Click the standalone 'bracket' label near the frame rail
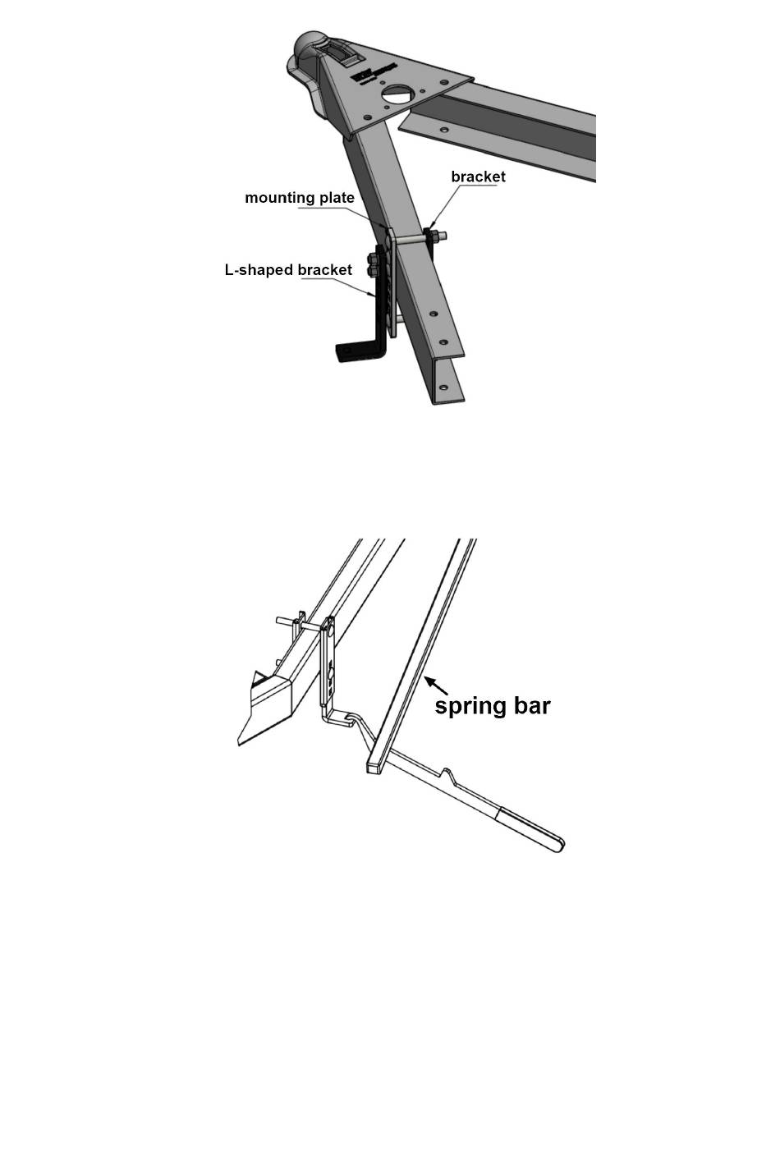click(x=478, y=177)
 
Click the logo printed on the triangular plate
click(x=374, y=72)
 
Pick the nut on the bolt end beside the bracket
click(x=434, y=236)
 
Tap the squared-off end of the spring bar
click(x=374, y=767)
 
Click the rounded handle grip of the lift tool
click(x=535, y=829)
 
